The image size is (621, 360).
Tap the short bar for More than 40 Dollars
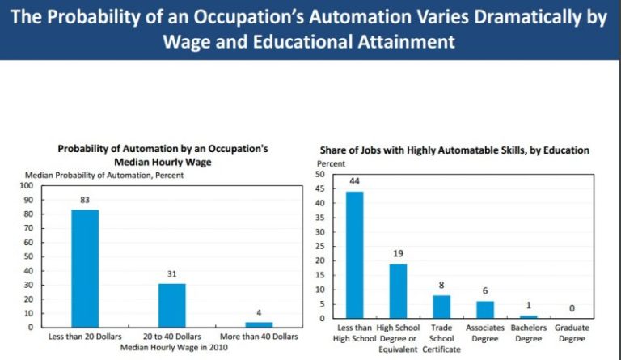pyautogui.click(x=259, y=324)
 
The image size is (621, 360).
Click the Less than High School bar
pyautogui.click(x=354, y=255)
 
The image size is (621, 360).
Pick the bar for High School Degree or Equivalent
pyautogui.click(x=397, y=290)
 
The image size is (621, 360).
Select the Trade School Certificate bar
pyautogui.click(x=441, y=307)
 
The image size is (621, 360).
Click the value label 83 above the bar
pyautogui.click(x=84, y=200)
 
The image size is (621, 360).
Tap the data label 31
pyautogui.click(x=171, y=274)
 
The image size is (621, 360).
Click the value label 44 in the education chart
pyautogui.click(x=354, y=181)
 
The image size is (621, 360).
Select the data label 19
pyautogui.click(x=397, y=253)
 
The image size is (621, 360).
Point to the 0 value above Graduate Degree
pyautogui.click(x=572, y=308)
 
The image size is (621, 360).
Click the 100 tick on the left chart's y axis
pyautogui.click(x=37, y=185)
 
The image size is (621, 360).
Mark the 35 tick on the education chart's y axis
pyautogui.click(x=320, y=217)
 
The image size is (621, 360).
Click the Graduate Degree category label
pyautogui.click(x=572, y=333)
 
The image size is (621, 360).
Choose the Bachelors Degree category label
pyautogui.click(x=528, y=333)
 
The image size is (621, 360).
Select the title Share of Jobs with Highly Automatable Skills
pyautogui.click(x=453, y=150)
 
